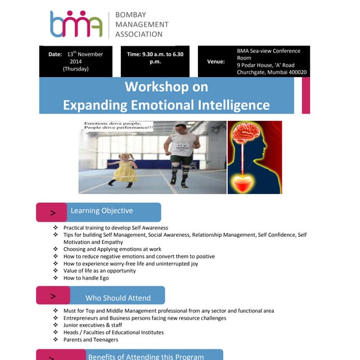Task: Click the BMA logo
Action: [76, 24]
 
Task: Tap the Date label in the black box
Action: [55, 55]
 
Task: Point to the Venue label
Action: [216, 61]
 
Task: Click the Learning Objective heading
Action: [102, 211]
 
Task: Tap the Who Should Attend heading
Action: [118, 298]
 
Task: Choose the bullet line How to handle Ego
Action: [86, 278]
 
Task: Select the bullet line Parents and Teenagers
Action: [91, 340]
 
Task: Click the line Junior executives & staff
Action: [93, 325]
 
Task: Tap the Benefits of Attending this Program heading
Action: [146, 356]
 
